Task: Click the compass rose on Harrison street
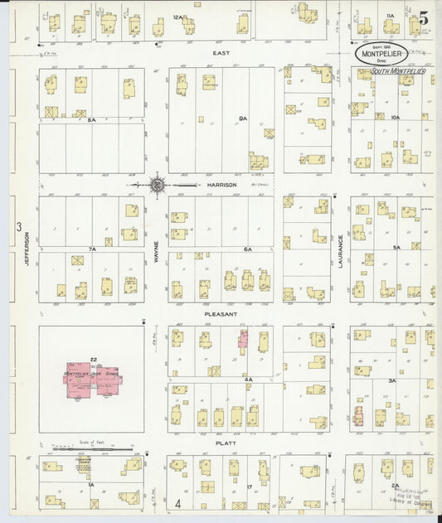tap(157, 184)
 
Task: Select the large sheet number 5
tap(424, 17)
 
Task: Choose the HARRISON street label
tap(222, 184)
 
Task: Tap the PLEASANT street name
tap(221, 315)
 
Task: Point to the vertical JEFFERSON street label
tap(27, 248)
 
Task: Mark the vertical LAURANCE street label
tap(340, 248)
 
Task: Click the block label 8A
tap(93, 119)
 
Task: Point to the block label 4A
tap(248, 378)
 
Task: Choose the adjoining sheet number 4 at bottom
tap(177, 503)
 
